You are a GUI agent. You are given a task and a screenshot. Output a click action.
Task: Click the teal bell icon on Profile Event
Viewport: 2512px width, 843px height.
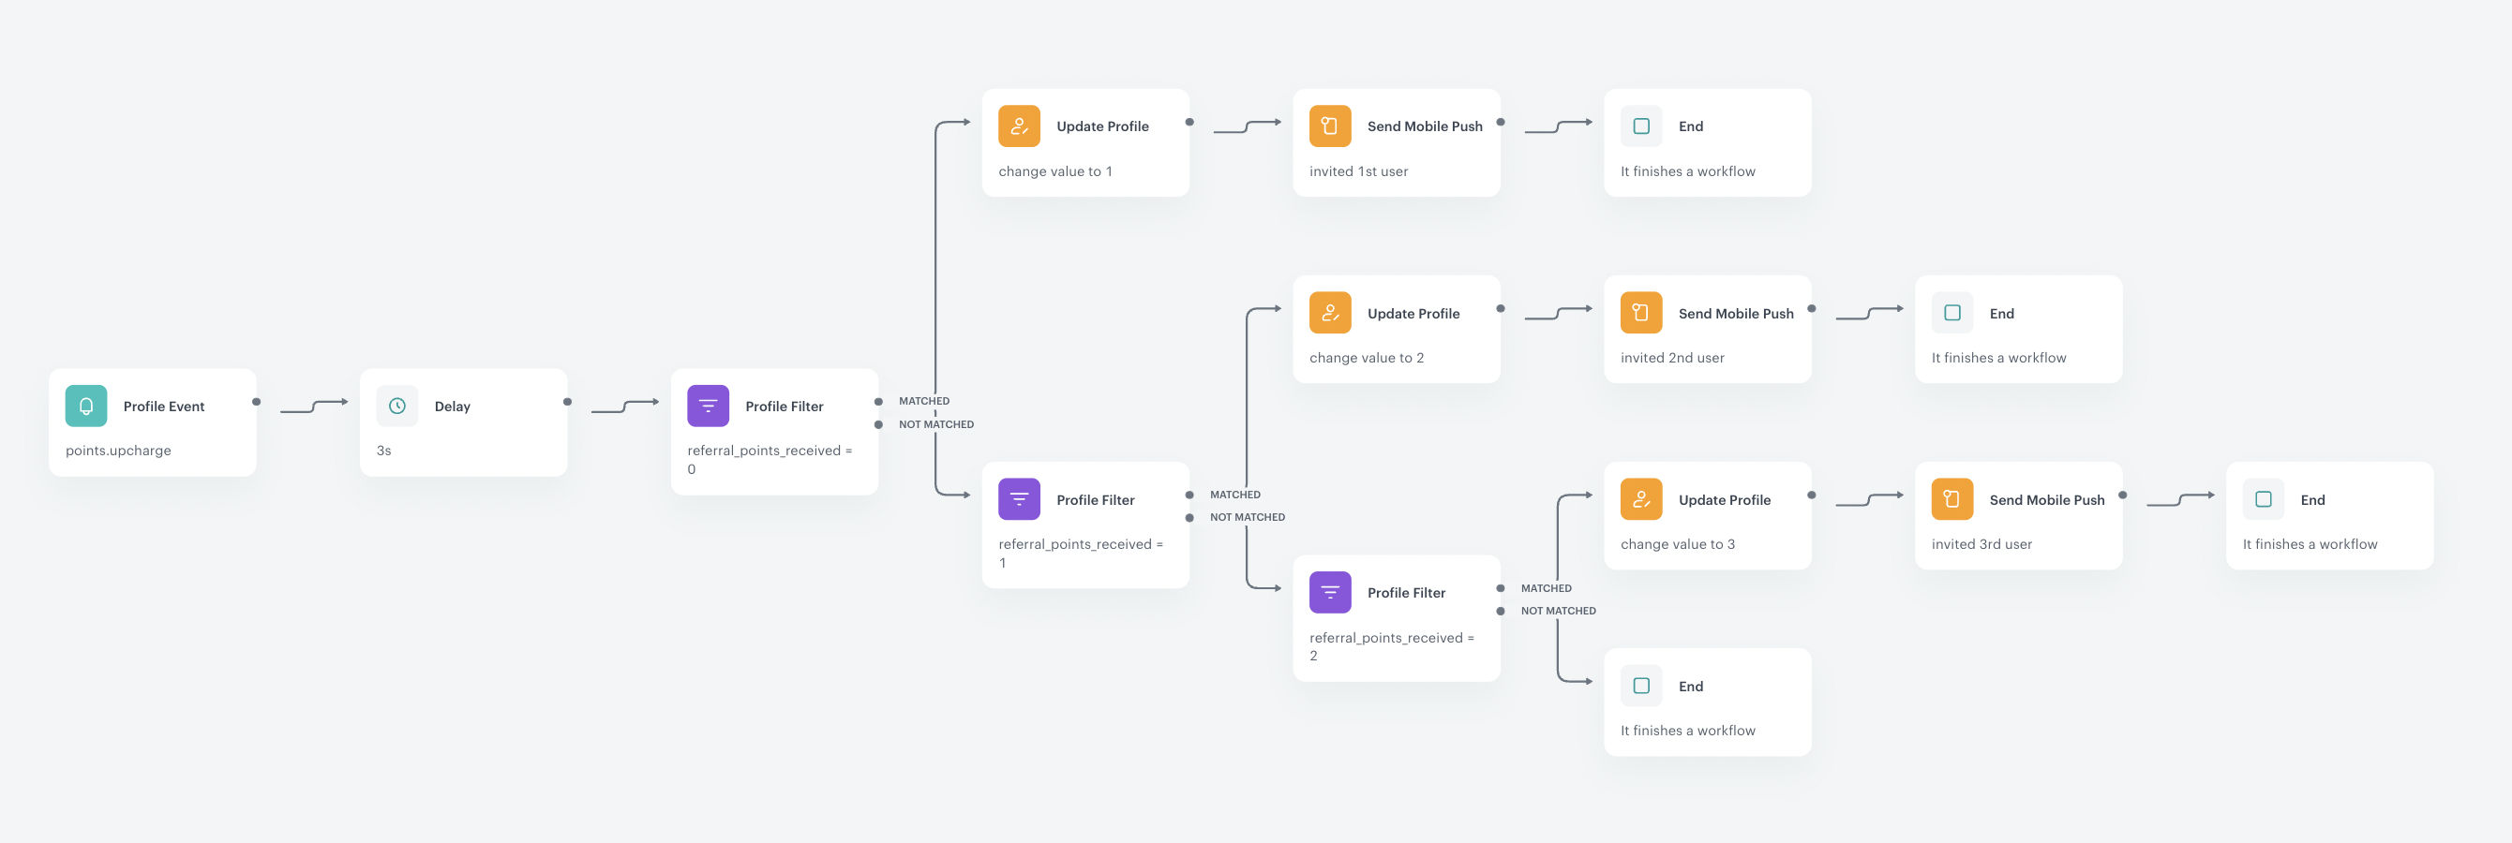coord(86,407)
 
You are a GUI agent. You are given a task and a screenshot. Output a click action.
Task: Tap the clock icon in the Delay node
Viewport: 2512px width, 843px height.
coord(396,407)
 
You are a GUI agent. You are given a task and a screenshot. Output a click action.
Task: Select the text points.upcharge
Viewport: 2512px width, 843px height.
coord(118,451)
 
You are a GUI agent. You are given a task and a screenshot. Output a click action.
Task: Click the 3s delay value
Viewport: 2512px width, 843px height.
coord(383,451)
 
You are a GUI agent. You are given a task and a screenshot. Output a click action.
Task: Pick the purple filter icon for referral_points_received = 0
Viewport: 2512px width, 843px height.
coord(708,407)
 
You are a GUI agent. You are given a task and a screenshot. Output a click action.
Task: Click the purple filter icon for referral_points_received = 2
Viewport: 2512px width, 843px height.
coord(1330,593)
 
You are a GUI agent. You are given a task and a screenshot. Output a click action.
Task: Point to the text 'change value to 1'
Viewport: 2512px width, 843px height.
coord(1055,171)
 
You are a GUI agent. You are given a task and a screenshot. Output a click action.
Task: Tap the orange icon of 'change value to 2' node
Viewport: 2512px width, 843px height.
coord(1330,313)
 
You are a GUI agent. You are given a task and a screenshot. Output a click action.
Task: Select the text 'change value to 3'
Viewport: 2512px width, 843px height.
coord(1677,544)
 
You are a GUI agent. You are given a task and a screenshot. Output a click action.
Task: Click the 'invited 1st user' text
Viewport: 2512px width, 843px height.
coord(1358,171)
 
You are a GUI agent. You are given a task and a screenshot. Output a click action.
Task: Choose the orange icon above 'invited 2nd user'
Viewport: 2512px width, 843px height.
coord(1641,313)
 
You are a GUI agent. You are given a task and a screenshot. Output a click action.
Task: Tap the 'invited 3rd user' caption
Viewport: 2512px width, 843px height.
coord(1981,544)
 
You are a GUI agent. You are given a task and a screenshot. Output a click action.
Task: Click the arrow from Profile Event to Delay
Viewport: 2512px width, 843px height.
coord(314,407)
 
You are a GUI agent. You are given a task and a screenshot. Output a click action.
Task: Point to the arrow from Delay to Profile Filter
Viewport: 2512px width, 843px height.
coord(625,407)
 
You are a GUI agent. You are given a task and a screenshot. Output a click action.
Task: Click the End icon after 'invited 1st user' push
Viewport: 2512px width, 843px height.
coord(1641,126)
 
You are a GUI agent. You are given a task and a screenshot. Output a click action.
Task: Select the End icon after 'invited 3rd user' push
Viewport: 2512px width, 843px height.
coord(2264,499)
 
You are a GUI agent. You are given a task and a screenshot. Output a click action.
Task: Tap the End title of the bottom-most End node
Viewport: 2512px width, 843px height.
coord(1691,686)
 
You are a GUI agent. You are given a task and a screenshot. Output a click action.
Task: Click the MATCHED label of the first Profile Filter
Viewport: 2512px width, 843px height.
coord(923,401)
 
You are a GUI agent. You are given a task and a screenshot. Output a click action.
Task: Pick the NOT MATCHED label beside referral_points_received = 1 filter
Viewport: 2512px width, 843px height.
coord(1248,517)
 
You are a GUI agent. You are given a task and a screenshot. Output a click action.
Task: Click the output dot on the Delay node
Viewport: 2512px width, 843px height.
coord(567,402)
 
